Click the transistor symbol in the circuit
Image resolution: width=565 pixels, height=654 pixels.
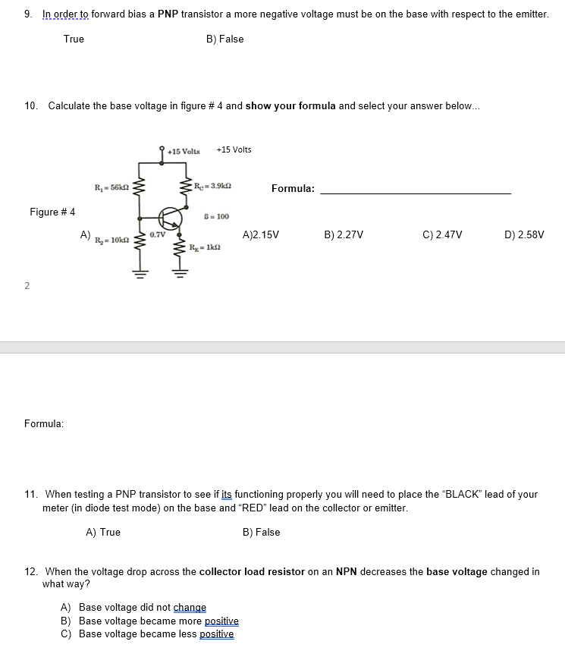click(x=170, y=217)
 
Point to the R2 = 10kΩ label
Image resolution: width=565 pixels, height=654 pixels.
click(x=111, y=241)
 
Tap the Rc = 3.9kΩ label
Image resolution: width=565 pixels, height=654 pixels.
click(x=212, y=187)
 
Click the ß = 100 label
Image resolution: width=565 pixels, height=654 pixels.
click(x=217, y=216)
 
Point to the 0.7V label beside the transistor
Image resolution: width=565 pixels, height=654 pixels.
click(x=158, y=234)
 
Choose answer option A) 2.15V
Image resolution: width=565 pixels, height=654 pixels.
click(x=260, y=235)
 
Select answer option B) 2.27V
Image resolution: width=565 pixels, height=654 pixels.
click(x=344, y=235)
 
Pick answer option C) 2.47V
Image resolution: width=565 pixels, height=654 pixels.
click(x=442, y=235)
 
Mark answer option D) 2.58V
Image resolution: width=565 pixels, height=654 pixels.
click(x=524, y=235)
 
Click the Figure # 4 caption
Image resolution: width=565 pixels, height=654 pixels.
click(x=52, y=212)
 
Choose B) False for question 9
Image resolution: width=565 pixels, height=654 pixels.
click(x=224, y=39)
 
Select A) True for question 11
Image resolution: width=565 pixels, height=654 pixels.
click(x=103, y=532)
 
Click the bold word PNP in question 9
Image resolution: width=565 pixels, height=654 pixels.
click(x=168, y=14)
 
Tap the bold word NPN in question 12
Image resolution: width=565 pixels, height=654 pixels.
click(x=347, y=571)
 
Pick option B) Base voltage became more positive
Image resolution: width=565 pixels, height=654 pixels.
click(x=149, y=621)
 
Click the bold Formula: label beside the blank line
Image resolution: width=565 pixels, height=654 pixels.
click(x=293, y=188)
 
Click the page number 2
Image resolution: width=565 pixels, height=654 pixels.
click(x=27, y=285)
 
